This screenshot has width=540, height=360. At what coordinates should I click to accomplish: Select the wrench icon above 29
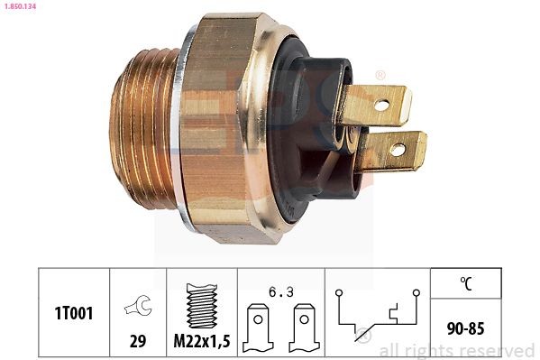(x=138, y=307)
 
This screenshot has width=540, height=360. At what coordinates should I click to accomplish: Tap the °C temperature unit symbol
(x=466, y=282)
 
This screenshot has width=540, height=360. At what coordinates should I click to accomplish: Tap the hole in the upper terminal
(x=381, y=106)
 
